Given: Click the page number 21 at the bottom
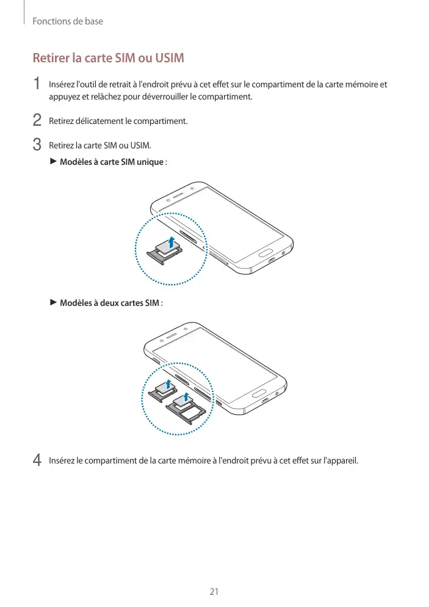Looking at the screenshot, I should click(214, 592).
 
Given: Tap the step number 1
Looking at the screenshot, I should click(37, 84).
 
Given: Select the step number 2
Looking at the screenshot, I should click(37, 120).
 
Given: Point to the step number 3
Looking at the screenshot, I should click(37, 145).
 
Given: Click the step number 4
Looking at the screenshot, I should click(37, 459).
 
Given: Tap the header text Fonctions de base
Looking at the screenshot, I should click(67, 21).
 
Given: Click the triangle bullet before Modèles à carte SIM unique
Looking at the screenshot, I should click(52, 161).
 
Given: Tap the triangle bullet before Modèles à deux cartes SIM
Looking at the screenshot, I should click(52, 302).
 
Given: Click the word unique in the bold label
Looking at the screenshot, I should click(150, 162).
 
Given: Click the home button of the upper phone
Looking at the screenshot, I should click(264, 252).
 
